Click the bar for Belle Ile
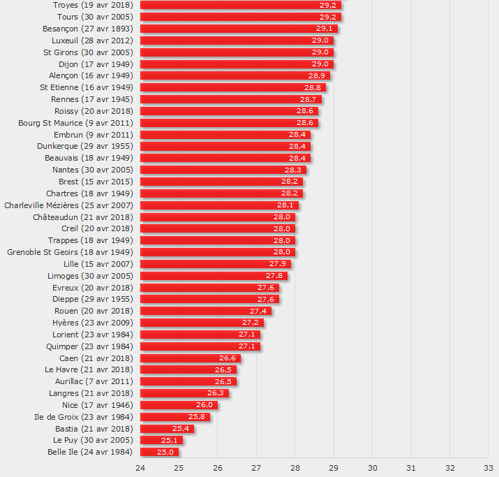pyautogui.click(x=159, y=452)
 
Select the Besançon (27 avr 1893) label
pyautogui.click(x=88, y=29)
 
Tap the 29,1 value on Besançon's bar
pyautogui.click(x=325, y=29)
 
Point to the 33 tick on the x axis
pyautogui.click(x=488, y=468)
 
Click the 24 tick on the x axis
pyautogui.click(x=140, y=468)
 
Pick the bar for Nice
pyautogui.click(x=179, y=405)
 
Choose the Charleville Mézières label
pyautogui.click(x=68, y=205)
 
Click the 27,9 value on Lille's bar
pyautogui.click(x=278, y=264)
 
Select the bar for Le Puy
pyautogui.click(x=161, y=440)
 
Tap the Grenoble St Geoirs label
pyautogui.click(x=70, y=252)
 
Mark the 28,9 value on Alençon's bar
pyautogui.click(x=317, y=75)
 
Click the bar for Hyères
pyautogui.click(x=202, y=323)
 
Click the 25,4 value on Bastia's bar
pyautogui.click(x=181, y=429)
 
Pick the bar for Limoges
pyautogui.click(x=214, y=276)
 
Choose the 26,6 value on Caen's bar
pyautogui.click(x=228, y=358)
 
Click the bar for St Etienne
pyautogui.click(x=233, y=87)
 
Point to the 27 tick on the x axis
pyautogui.click(x=256, y=468)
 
